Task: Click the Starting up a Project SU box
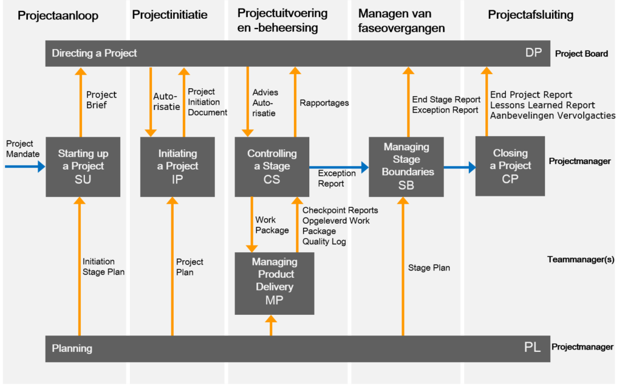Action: coord(83,167)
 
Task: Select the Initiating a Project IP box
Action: coord(177,167)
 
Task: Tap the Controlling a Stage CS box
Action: coord(272,167)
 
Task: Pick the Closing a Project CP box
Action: coord(510,166)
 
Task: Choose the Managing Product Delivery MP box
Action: coord(275,283)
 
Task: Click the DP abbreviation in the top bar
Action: coord(533,53)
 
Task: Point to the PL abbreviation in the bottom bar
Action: coord(532,348)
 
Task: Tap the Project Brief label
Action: coord(101,100)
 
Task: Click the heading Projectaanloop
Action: coord(58,16)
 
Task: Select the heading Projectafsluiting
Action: coord(530,15)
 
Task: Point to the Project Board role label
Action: coord(581,53)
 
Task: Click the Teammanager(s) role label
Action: coord(580,259)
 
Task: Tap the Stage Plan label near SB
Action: coord(429,267)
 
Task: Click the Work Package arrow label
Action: coord(272,225)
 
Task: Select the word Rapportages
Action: coord(324,103)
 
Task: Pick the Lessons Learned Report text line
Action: coord(542,105)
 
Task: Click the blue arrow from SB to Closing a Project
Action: coord(459,167)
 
